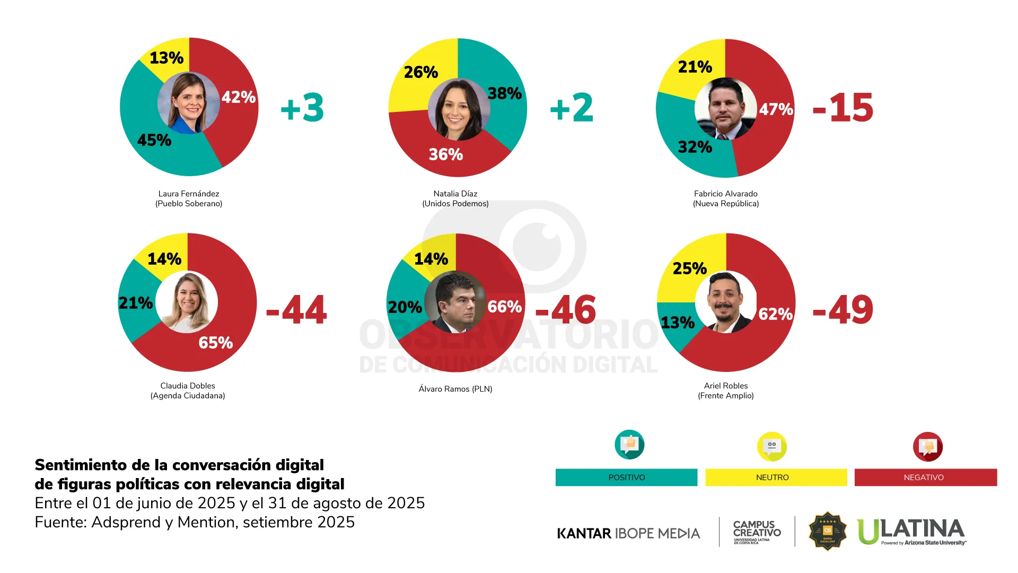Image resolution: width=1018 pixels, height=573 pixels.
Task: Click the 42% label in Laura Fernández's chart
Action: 239,98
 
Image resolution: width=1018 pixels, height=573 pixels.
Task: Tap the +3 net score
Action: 302,108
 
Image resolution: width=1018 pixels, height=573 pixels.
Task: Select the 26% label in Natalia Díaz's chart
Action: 421,72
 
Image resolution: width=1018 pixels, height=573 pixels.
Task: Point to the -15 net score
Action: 843,108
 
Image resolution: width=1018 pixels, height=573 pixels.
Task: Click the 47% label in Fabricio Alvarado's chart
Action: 776,109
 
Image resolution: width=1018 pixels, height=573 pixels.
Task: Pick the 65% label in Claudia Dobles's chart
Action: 216,343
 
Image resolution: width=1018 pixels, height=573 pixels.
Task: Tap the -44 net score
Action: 296,310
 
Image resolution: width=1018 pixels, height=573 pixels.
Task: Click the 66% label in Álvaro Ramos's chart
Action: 505,307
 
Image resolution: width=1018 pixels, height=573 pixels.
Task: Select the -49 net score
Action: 843,310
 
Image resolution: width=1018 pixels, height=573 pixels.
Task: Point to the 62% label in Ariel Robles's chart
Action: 776,314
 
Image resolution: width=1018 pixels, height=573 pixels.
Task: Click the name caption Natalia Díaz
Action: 455,194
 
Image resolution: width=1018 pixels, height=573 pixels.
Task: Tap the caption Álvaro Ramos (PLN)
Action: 455,389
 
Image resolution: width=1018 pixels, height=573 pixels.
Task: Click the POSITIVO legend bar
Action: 626,477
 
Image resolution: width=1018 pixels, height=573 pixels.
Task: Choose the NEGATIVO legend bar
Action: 925,477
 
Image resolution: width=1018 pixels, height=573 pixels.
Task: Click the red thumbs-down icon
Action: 927,447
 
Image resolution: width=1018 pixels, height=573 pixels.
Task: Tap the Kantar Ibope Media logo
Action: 628,533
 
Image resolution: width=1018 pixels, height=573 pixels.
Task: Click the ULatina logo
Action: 911,531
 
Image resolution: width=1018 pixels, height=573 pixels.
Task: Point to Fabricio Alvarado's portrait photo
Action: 726,109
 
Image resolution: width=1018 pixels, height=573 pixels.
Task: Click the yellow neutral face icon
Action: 771,446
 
